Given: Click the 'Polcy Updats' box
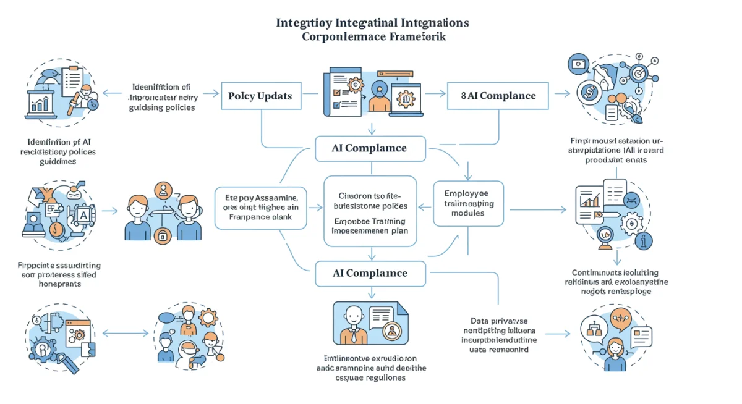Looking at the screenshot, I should tap(265, 96).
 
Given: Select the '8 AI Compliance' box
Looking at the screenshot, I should tap(498, 96).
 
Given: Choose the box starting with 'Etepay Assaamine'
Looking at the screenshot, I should tap(260, 208).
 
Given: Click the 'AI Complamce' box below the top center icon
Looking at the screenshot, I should tap(370, 148).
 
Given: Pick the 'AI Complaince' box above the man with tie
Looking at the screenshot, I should tap(370, 274).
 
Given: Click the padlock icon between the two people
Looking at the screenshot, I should tap(163, 235).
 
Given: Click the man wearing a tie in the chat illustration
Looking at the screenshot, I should tap(354, 324).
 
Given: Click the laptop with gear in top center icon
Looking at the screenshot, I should tap(405, 97).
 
